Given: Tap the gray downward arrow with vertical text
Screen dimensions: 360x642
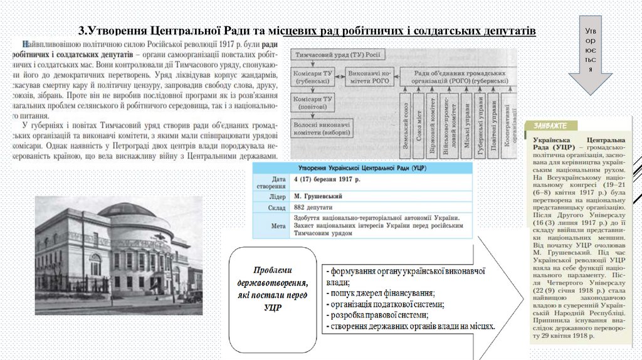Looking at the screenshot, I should click(x=590, y=56).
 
